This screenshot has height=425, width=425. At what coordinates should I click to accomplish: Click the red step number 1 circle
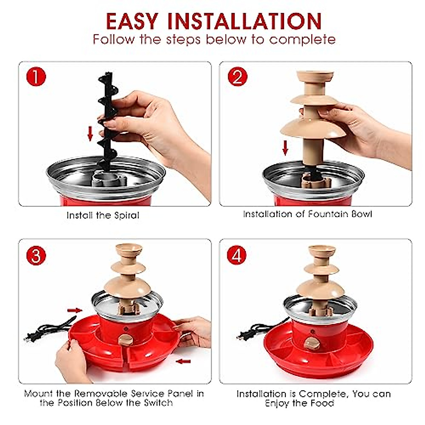(x=36, y=76)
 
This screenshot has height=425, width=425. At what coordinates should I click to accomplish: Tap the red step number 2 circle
(x=238, y=76)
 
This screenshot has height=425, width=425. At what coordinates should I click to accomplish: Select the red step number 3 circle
(x=36, y=255)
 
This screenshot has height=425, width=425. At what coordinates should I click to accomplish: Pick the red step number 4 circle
(x=237, y=255)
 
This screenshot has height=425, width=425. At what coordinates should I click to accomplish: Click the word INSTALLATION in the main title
(x=244, y=21)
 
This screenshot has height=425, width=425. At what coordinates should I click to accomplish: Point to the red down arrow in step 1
(x=90, y=134)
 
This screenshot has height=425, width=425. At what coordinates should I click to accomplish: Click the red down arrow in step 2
(x=285, y=148)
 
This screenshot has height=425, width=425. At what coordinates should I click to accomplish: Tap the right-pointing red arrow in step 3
(x=75, y=311)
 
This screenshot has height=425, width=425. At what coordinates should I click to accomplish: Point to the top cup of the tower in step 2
(x=315, y=76)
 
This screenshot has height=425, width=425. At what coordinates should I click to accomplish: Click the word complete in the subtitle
(x=302, y=39)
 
